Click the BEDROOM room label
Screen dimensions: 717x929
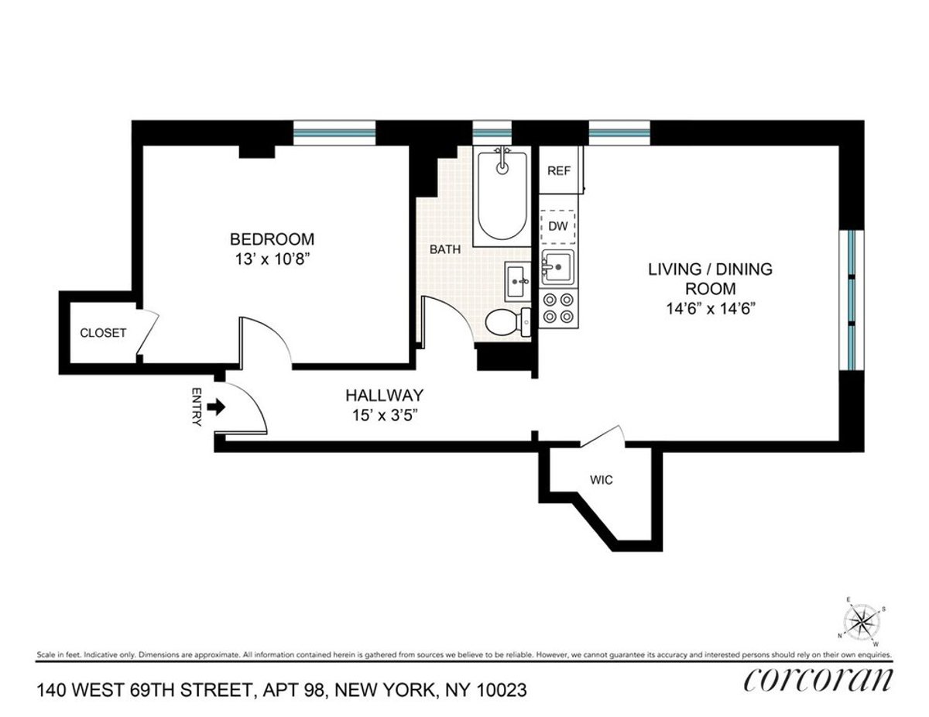point(271,238)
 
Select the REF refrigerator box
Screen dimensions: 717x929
point(559,171)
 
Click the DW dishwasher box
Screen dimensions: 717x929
point(558,226)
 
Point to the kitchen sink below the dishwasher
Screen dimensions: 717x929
point(558,268)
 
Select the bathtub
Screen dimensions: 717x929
point(501,195)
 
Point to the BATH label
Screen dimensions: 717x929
point(446,250)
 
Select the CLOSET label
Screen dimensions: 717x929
point(103,333)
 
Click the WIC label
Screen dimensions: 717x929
point(602,480)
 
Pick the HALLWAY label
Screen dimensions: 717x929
point(384,395)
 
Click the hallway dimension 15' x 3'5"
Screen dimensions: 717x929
point(384,415)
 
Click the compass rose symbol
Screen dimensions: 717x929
point(861,619)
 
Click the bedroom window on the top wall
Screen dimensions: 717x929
point(334,132)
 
